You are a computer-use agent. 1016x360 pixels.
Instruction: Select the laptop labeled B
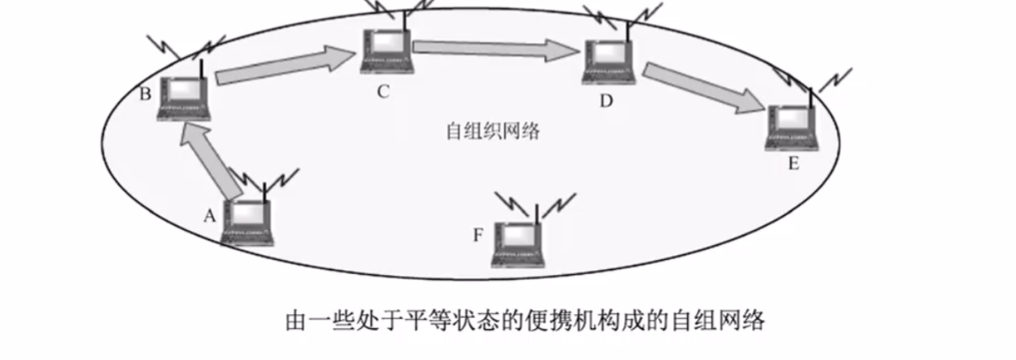click(184, 96)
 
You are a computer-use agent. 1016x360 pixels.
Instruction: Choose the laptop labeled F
click(522, 244)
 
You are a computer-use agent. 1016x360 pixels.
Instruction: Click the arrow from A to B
click(211, 161)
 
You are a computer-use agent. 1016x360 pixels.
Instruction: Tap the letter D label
click(606, 101)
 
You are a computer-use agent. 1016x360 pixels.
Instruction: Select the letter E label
click(794, 166)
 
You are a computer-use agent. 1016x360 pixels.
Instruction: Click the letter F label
click(478, 234)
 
